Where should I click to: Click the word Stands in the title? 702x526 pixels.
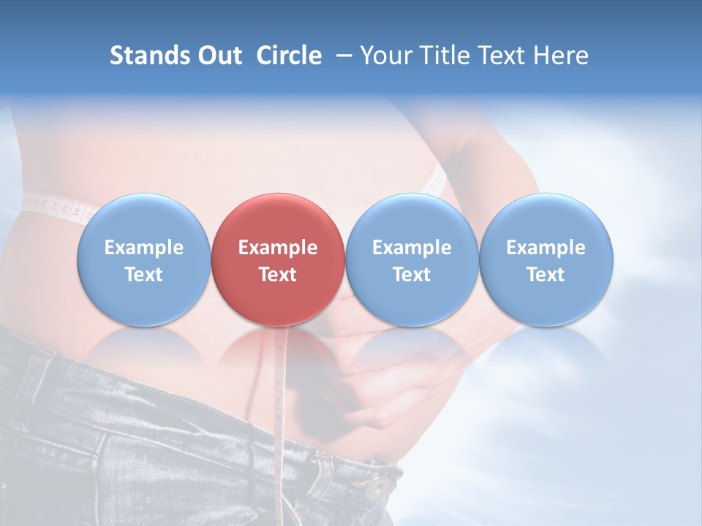[x=148, y=56]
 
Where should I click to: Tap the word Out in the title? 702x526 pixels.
[x=218, y=56]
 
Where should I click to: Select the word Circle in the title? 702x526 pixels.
[x=289, y=56]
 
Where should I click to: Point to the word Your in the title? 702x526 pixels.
[x=384, y=56]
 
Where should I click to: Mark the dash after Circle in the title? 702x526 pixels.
[x=341, y=56]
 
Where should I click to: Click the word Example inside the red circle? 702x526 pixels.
[x=278, y=248]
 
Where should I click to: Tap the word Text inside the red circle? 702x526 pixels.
[x=278, y=275]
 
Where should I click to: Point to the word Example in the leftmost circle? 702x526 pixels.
[x=143, y=248]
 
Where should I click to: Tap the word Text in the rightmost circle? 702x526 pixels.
[x=546, y=275]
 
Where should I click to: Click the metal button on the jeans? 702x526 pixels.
[x=379, y=487]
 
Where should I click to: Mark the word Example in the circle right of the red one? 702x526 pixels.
[x=412, y=248]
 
